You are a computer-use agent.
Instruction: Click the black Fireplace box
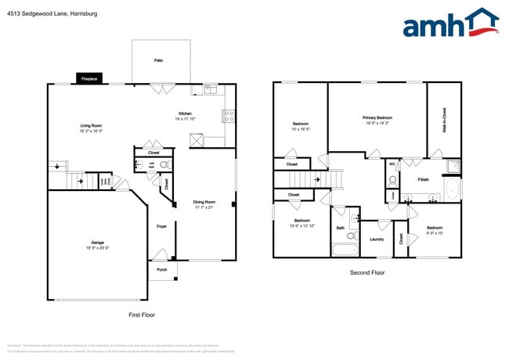tap(88, 79)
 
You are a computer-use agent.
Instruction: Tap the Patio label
tap(158, 60)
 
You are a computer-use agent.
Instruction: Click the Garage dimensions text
tap(97, 248)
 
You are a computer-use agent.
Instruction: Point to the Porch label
tap(162, 270)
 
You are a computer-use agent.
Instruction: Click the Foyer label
tap(161, 226)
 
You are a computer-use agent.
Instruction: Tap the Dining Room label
tap(203, 203)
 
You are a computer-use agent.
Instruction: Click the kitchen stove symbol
tap(229, 116)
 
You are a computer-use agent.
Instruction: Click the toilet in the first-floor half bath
tap(164, 165)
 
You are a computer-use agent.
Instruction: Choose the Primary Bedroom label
tap(377, 118)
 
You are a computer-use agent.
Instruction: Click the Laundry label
tap(376, 239)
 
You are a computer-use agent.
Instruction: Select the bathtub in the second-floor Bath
tap(343, 250)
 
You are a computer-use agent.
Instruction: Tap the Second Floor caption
tap(367, 272)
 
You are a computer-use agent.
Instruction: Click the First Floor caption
tap(142, 314)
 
